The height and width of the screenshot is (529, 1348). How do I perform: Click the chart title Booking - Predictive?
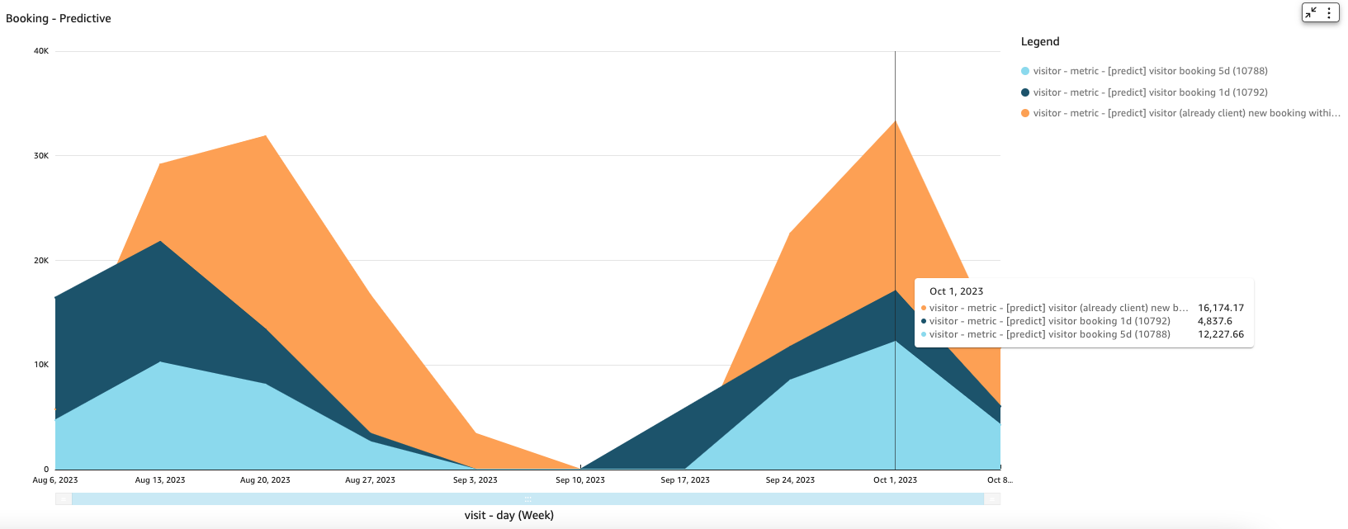click(59, 18)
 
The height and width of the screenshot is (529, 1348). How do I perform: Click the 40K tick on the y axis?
click(41, 51)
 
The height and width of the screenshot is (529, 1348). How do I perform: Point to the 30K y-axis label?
click(41, 156)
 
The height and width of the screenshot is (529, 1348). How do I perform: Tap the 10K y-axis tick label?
click(41, 365)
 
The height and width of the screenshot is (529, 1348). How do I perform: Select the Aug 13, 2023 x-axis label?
click(160, 479)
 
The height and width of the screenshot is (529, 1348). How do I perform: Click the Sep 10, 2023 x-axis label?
click(580, 479)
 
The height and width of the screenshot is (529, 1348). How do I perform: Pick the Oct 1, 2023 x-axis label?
click(895, 479)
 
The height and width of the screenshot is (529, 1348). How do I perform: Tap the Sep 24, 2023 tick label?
click(790, 479)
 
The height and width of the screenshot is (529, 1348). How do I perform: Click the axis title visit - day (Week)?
click(509, 515)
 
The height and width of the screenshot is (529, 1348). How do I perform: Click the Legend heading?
click(1040, 41)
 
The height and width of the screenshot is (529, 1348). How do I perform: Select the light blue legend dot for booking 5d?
click(1025, 71)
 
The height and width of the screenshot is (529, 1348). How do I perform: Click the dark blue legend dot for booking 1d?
click(1025, 92)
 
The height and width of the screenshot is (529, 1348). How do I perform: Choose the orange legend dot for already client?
click(1025, 113)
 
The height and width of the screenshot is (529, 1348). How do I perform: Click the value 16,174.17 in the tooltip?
click(1221, 308)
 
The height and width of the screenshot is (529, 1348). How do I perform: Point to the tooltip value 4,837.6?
click(1215, 321)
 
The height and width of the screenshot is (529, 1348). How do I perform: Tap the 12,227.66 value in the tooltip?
click(1221, 334)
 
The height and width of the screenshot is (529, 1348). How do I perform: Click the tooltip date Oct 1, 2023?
click(956, 291)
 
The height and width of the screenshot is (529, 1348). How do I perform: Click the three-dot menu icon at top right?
click(1329, 12)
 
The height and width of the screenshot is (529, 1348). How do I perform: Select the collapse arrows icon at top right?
click(1311, 12)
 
